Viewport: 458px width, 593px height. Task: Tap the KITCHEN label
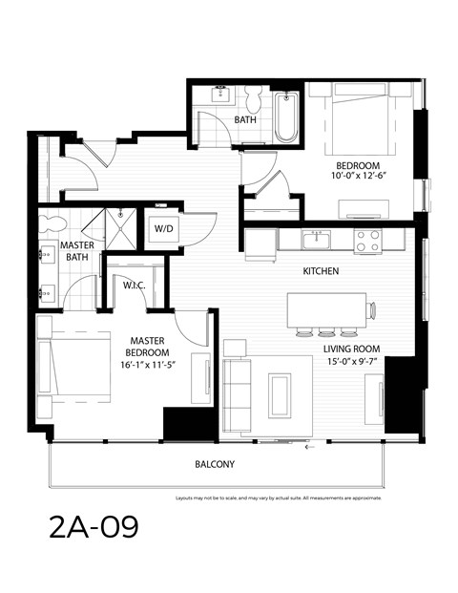click(321, 271)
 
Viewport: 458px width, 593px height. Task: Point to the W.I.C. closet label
click(133, 285)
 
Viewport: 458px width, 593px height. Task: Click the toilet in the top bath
click(254, 101)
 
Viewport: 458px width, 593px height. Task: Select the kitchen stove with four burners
click(367, 241)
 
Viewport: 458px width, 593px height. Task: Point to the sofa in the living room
click(237, 393)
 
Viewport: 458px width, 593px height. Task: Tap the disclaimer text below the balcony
click(279, 498)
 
